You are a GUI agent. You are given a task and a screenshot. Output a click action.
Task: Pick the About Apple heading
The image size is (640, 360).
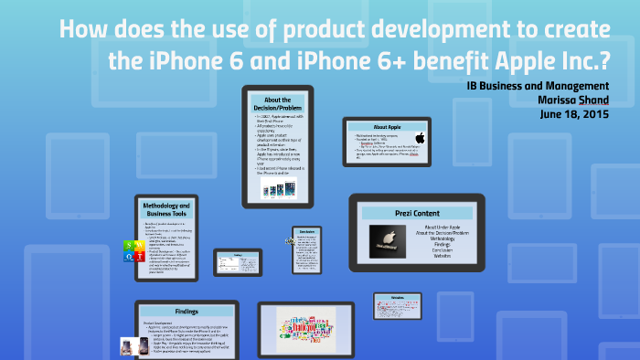point(387,126)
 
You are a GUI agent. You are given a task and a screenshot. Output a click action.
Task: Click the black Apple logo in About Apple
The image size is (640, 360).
point(421,138)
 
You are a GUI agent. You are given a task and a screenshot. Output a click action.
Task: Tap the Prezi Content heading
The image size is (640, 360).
point(417,213)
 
